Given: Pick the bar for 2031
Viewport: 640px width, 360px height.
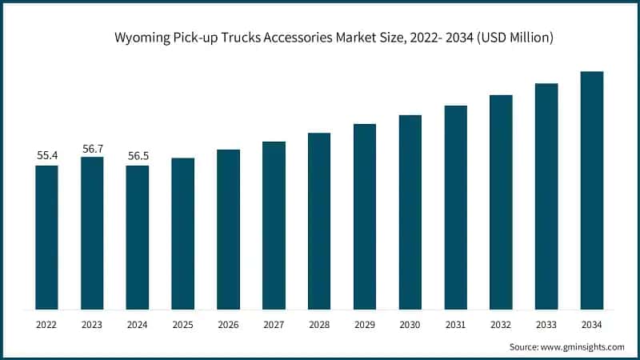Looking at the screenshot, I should tap(456, 207).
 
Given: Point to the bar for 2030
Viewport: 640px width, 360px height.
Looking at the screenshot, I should tap(410, 212).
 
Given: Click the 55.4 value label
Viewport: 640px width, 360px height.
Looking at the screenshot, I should tap(46, 155).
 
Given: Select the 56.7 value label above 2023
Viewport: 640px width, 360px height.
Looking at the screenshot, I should tap(92, 147).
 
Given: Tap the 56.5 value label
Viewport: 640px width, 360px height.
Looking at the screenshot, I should tap(138, 155).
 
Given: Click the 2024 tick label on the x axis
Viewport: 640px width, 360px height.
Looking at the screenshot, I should tap(138, 324).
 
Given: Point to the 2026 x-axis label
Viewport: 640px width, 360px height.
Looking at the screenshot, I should tap(229, 324).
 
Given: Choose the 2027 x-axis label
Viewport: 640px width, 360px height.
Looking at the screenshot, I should tap(274, 324).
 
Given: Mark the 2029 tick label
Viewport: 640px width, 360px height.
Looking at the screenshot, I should tap(365, 324).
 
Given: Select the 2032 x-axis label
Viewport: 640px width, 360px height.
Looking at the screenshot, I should tap(502, 324).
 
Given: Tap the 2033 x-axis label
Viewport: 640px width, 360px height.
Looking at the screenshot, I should tap(546, 324).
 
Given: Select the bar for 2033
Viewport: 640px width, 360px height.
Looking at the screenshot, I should tap(546, 196).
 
